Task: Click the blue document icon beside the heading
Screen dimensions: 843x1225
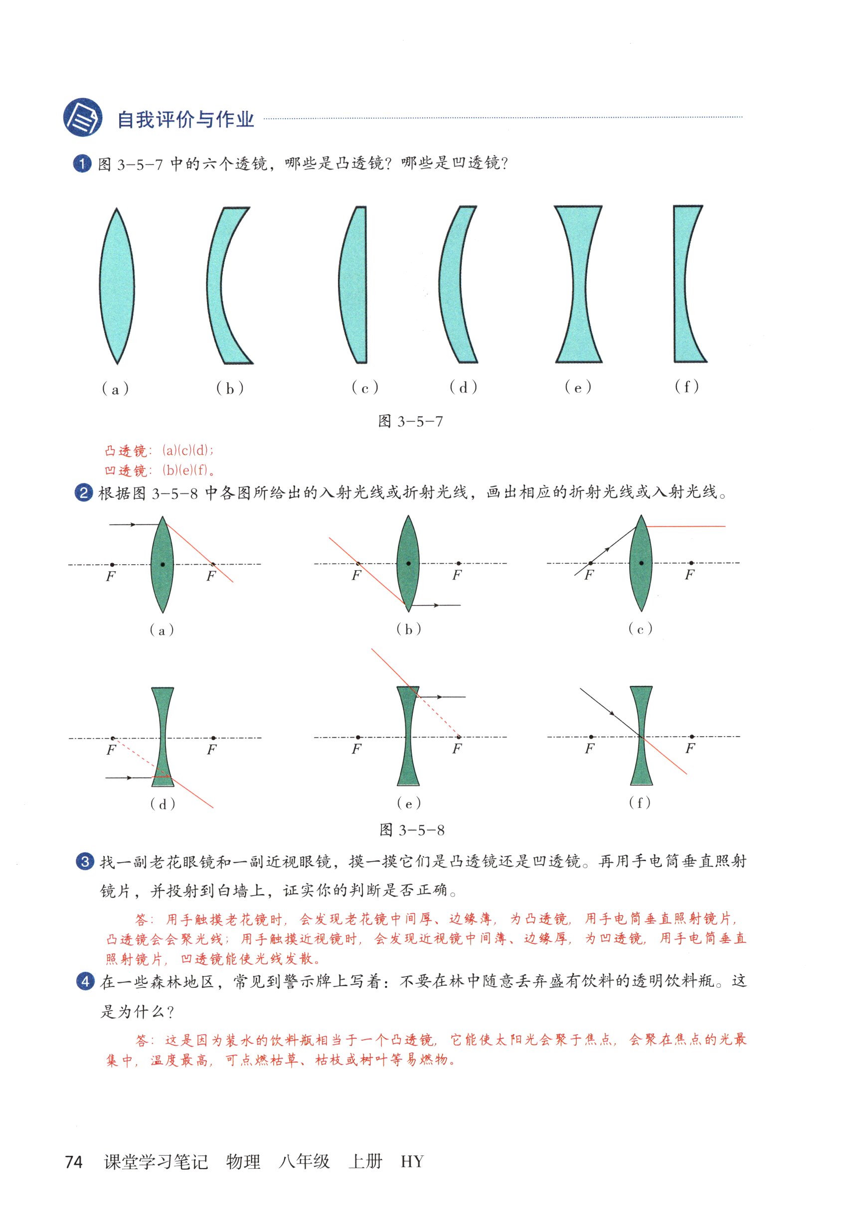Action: pos(82,117)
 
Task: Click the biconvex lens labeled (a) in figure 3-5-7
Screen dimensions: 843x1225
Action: pos(117,286)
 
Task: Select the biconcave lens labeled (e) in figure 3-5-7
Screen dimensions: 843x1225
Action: pos(578,284)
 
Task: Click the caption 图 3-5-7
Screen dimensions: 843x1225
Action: pos(410,421)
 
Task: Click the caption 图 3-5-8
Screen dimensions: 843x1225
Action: pos(411,830)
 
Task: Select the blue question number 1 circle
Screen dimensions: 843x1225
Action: pos(82,163)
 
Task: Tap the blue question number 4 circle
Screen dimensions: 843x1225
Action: pos(85,982)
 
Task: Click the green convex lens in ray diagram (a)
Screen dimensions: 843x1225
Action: pos(162,565)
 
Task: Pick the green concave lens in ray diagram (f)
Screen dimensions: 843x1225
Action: pos(641,736)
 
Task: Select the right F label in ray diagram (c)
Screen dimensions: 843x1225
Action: pos(689,575)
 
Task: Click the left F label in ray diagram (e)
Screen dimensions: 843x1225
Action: pos(356,748)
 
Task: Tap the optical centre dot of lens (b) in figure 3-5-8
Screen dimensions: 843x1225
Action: pos(408,563)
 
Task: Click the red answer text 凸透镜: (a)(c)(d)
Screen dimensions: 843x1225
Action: pos(159,451)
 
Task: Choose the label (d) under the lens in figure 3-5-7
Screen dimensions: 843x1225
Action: pos(463,388)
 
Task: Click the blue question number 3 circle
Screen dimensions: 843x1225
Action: pos(85,862)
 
